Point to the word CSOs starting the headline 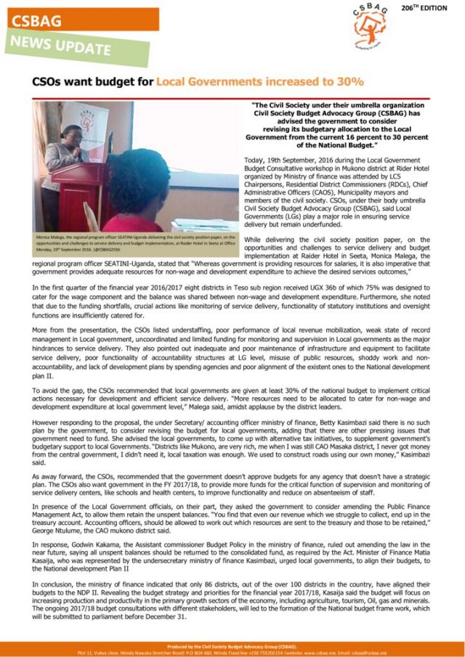pyautogui.click(x=49, y=81)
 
